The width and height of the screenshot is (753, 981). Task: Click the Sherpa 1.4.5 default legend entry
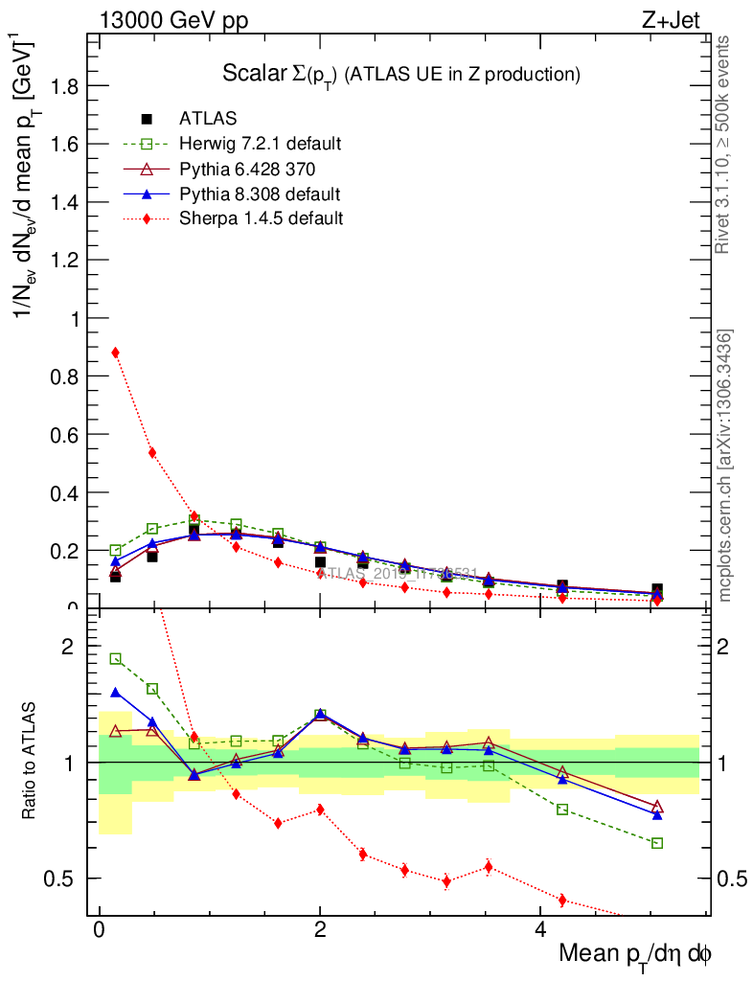pos(261,218)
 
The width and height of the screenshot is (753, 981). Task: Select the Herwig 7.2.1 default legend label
pos(260,145)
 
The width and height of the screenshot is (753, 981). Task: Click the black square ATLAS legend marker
pos(147,119)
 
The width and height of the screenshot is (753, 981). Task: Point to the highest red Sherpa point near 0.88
pos(116,353)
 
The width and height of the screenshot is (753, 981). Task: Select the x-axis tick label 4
pos(540,930)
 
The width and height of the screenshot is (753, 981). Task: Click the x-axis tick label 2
pos(320,930)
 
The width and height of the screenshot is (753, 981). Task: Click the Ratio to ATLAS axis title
pos(32,762)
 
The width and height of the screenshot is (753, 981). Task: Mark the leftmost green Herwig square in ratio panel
pos(116,659)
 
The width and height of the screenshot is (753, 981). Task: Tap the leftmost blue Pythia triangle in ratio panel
pos(116,692)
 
